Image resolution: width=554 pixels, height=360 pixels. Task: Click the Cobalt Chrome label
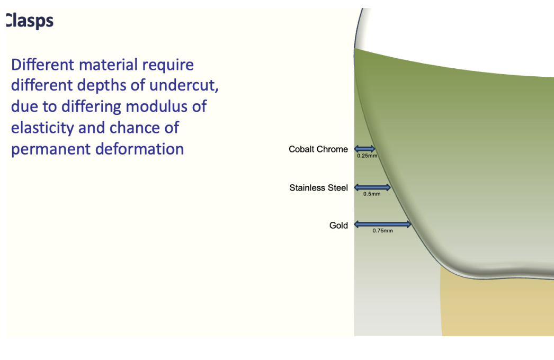[318, 149]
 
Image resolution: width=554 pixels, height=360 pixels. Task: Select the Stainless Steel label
[318, 188]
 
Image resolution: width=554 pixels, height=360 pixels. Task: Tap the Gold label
[338, 226]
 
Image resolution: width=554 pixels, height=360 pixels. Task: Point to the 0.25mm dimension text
[365, 156]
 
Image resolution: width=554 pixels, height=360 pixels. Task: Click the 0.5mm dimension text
[372, 194]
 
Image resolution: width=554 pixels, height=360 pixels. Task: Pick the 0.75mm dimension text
[382, 231]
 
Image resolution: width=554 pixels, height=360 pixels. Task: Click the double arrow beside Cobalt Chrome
[364, 149]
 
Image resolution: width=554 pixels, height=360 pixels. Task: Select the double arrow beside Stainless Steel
[372, 187]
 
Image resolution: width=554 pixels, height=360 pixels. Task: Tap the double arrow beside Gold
[382, 224]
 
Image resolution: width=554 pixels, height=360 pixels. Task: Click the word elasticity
[42, 128]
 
